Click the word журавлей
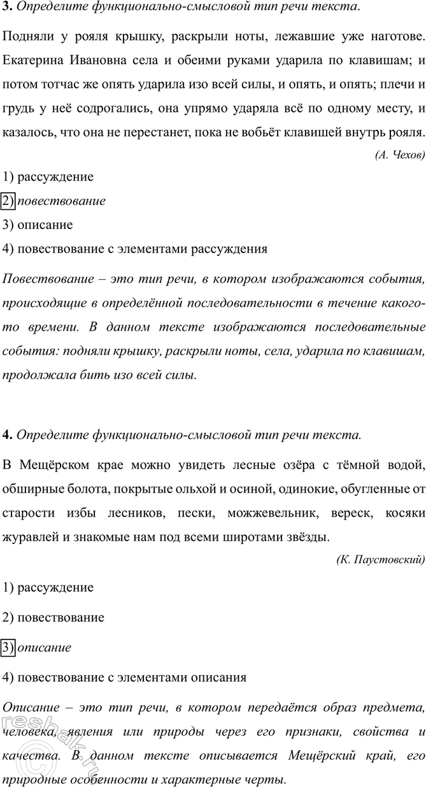[31, 519]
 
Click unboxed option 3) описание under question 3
[38, 225]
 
